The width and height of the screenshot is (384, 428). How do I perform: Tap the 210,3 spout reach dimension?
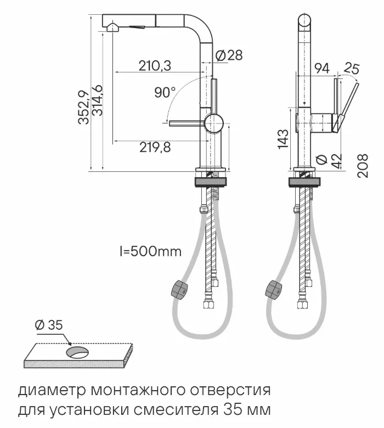tap(155, 66)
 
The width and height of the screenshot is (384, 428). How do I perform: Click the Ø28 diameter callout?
tap(228, 55)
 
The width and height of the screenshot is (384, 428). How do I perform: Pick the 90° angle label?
tap(164, 93)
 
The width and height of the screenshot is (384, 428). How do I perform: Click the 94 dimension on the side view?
tap(322, 68)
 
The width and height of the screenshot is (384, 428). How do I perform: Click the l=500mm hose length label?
tap(150, 252)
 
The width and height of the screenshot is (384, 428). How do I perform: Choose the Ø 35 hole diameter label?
tap(48, 325)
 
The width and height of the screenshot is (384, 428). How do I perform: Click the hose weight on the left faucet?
tap(179, 289)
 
